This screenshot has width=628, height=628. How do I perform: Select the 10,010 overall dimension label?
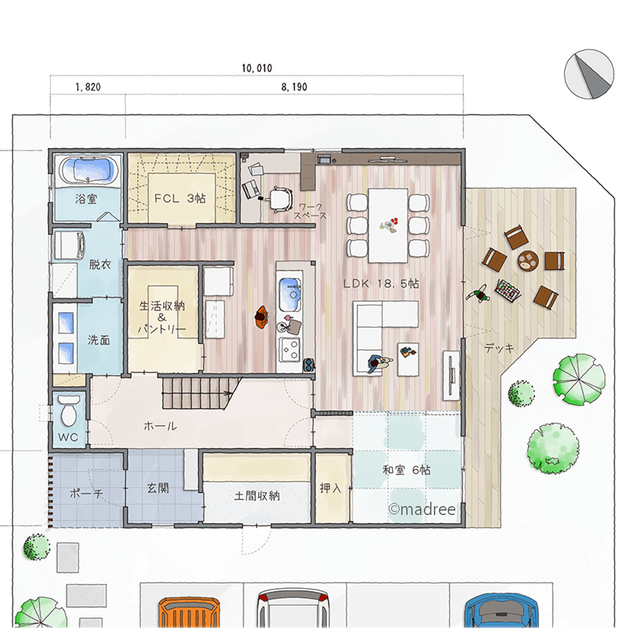pos(257,68)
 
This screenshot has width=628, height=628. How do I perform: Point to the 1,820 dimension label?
pos(88,87)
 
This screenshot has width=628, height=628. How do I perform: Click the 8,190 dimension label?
pos(294,87)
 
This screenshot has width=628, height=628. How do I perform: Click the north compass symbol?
pos(589,73)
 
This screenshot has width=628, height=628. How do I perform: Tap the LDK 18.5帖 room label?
pos(381,284)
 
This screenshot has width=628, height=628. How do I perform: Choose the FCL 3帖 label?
pos(180,198)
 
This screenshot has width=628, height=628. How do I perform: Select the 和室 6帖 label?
pos(406,470)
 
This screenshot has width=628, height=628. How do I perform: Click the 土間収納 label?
pos(257,496)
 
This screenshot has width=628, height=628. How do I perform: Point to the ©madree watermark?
pos(422,509)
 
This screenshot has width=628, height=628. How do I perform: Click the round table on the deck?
pos(528,261)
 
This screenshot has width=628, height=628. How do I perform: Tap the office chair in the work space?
pos(279,198)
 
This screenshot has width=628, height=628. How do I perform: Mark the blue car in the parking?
pos(501,612)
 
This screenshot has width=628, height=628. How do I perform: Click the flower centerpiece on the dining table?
pos(389,225)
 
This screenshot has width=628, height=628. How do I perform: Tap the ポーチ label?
pos(86,494)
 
